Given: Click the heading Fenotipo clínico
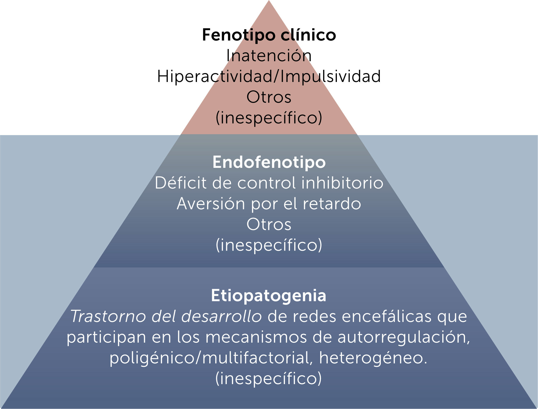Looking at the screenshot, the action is click(269, 35).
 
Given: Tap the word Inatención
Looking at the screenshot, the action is click(269, 56).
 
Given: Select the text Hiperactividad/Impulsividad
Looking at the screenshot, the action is click(269, 76).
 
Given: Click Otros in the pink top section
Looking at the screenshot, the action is click(269, 97).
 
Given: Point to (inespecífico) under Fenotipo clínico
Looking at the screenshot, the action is click(269, 118).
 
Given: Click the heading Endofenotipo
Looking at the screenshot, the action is click(269, 162).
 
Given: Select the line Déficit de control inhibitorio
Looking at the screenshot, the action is click(269, 183).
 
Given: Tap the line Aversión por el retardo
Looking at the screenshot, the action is click(269, 204).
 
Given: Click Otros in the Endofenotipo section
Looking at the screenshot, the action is click(269, 224).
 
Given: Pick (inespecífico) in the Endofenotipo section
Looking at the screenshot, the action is click(269, 245).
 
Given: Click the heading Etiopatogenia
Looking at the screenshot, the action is click(269, 296).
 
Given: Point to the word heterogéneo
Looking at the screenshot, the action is click(373, 358).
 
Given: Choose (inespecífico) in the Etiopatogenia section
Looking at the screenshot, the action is click(269, 379).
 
